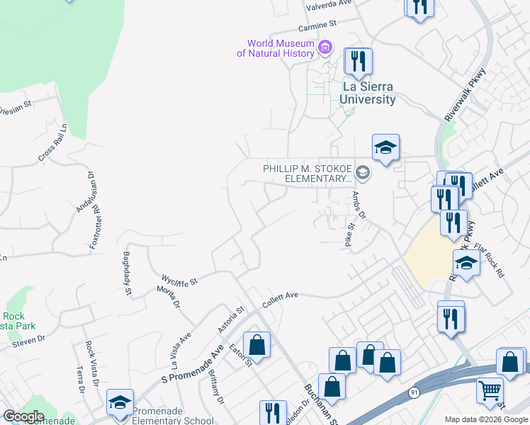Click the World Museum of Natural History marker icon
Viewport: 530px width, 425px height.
click(325, 48)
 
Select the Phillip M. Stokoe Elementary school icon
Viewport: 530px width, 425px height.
click(363, 172)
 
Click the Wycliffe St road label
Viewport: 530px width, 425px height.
click(179, 280)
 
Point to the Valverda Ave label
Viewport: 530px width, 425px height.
click(329, 4)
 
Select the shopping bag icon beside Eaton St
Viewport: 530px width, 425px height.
click(256, 346)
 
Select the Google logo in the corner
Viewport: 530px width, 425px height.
click(23, 416)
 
